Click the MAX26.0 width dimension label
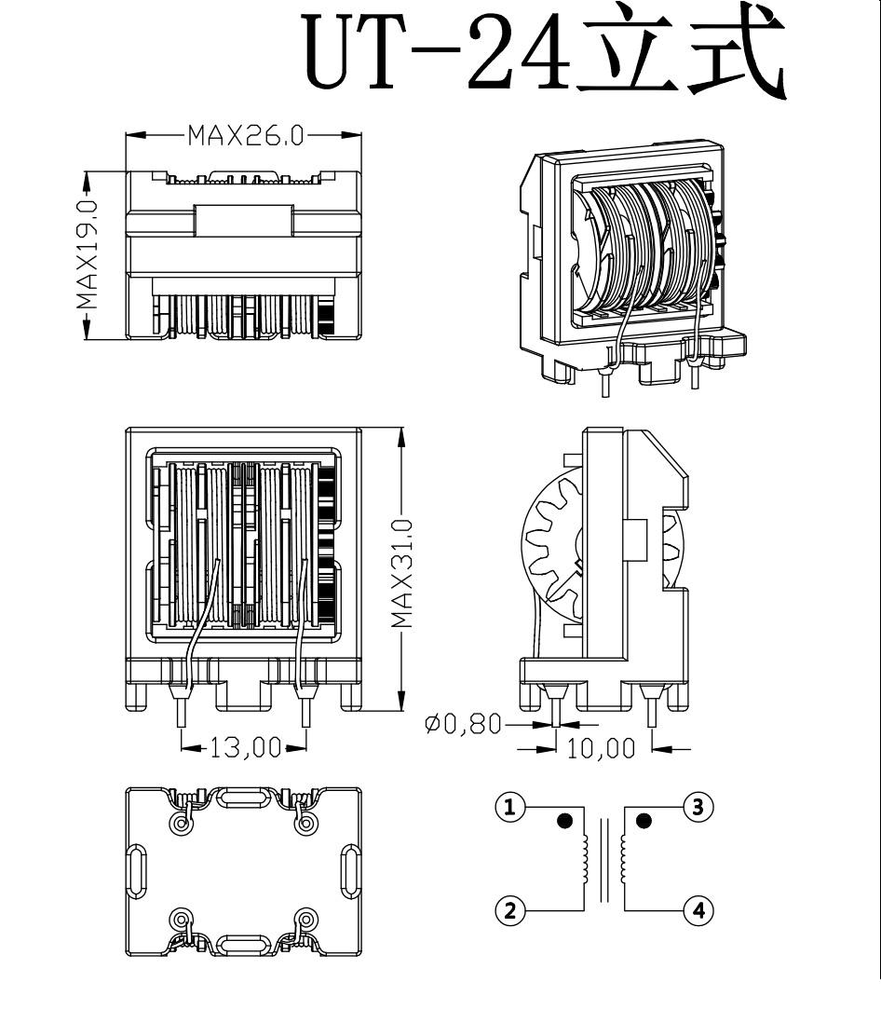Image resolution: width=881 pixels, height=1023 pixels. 245,136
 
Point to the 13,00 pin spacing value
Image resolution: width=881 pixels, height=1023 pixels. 244,747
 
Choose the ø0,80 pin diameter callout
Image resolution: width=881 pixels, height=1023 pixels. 463,724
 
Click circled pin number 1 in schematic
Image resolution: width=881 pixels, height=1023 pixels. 509,807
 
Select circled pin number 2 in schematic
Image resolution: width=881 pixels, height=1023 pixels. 509,909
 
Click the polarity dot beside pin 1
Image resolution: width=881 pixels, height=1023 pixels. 564,821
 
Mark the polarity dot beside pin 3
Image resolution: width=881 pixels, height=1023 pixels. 644,821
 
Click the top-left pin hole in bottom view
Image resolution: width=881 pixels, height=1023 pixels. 180,824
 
